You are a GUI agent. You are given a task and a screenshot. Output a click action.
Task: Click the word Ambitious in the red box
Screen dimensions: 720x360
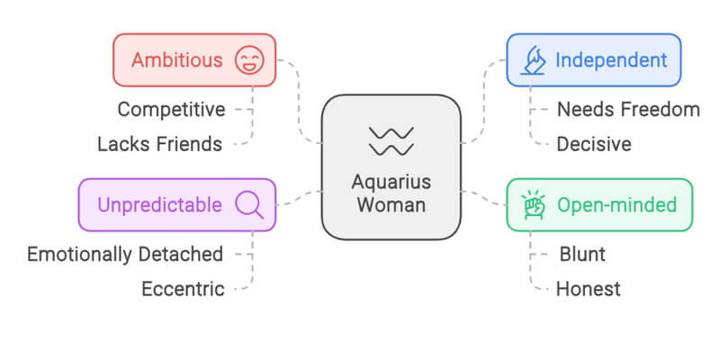coord(176,60)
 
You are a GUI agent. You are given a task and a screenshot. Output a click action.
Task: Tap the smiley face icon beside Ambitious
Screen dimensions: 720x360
coord(248,61)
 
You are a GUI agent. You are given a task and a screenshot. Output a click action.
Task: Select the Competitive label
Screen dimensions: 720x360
coord(171,110)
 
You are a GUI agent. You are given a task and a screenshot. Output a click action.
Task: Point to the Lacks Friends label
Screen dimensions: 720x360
coord(159,143)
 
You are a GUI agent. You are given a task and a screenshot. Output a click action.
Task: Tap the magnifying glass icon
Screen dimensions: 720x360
coord(248,205)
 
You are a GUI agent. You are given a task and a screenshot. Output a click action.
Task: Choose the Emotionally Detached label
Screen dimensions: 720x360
coord(125,254)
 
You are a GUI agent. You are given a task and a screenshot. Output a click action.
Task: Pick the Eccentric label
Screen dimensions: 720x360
coord(183,289)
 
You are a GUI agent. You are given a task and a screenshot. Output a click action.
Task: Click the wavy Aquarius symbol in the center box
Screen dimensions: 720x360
coord(391,139)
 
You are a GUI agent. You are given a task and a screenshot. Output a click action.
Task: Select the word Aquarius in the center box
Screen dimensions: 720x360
coord(391,181)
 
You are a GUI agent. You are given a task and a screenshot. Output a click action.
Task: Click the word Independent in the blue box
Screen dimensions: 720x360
coord(611,60)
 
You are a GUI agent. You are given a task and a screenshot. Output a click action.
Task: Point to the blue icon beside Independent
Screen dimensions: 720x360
coord(534,61)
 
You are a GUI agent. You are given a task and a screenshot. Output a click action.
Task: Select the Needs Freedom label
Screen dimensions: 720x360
coord(627,110)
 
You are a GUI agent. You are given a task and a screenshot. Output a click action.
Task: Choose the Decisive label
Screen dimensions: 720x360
coord(594,143)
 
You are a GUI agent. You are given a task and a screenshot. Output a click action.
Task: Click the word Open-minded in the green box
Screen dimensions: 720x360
coord(616,205)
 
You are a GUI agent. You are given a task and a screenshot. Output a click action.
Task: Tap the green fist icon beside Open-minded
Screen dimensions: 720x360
coord(534,205)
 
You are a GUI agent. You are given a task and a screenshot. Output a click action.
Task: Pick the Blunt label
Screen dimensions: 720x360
coord(581,254)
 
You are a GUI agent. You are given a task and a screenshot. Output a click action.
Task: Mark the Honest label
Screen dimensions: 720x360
coord(588,289)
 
